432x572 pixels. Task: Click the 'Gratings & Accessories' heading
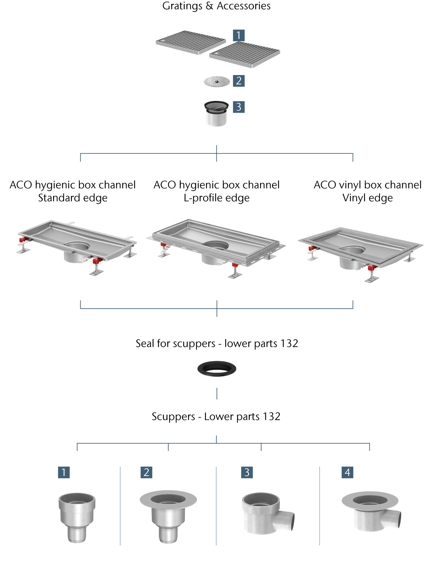[x=216, y=6]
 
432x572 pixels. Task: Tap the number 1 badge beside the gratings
[x=239, y=35]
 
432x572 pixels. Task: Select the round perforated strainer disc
[x=217, y=82]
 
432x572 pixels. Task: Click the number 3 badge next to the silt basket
[x=239, y=107]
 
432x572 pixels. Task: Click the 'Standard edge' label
[x=73, y=198]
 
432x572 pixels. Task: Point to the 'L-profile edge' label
[x=216, y=198]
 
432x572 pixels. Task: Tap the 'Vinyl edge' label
[x=368, y=198]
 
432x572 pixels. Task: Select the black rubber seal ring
[x=217, y=369]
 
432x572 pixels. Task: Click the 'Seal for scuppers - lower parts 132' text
[x=217, y=343]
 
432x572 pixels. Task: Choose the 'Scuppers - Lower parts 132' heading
[x=216, y=416]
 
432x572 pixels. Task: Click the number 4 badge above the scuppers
[x=347, y=472]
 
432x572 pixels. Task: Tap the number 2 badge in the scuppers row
[x=146, y=472]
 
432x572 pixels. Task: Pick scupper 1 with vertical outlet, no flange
[x=77, y=517]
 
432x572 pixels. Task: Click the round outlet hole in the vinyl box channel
[x=353, y=250]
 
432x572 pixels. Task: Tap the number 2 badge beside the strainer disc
[x=239, y=81]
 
